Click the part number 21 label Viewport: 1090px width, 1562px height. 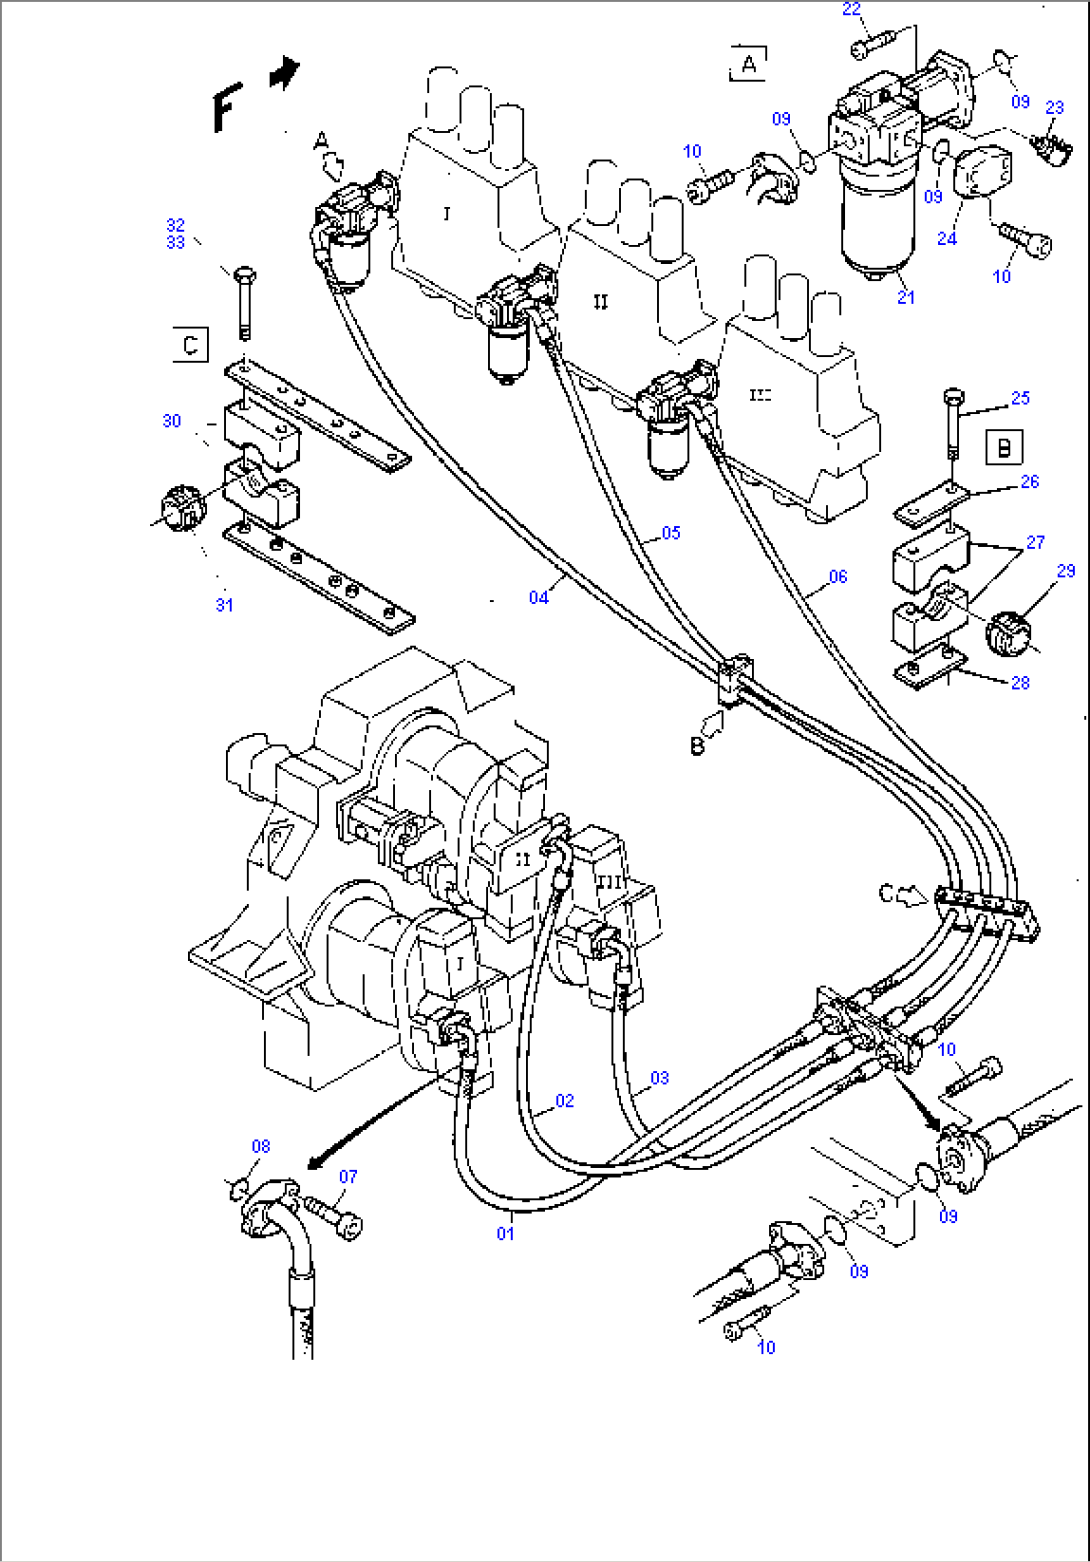[x=905, y=297]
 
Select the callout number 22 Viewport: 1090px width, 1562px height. [x=851, y=10]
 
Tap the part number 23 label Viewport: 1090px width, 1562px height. [x=1054, y=108]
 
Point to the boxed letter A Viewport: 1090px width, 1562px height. [x=748, y=64]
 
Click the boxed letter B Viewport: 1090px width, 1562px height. [x=1004, y=447]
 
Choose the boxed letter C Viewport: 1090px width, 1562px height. [x=190, y=345]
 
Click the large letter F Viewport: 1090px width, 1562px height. [x=227, y=108]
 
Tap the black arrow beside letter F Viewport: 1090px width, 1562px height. [x=284, y=74]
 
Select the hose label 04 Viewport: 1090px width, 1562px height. [x=539, y=597]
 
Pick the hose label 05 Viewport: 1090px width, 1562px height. [x=670, y=533]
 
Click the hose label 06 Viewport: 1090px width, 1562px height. [x=837, y=576]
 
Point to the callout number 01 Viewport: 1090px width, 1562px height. [x=506, y=1233]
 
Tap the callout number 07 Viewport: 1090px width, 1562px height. [x=347, y=1177]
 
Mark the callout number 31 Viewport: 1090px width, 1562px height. [x=224, y=604]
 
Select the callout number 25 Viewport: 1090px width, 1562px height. [x=1019, y=398]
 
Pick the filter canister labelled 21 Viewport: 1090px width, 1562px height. [x=872, y=225]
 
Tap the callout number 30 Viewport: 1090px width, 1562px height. [x=172, y=421]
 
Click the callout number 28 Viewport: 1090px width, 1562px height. [x=1019, y=683]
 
